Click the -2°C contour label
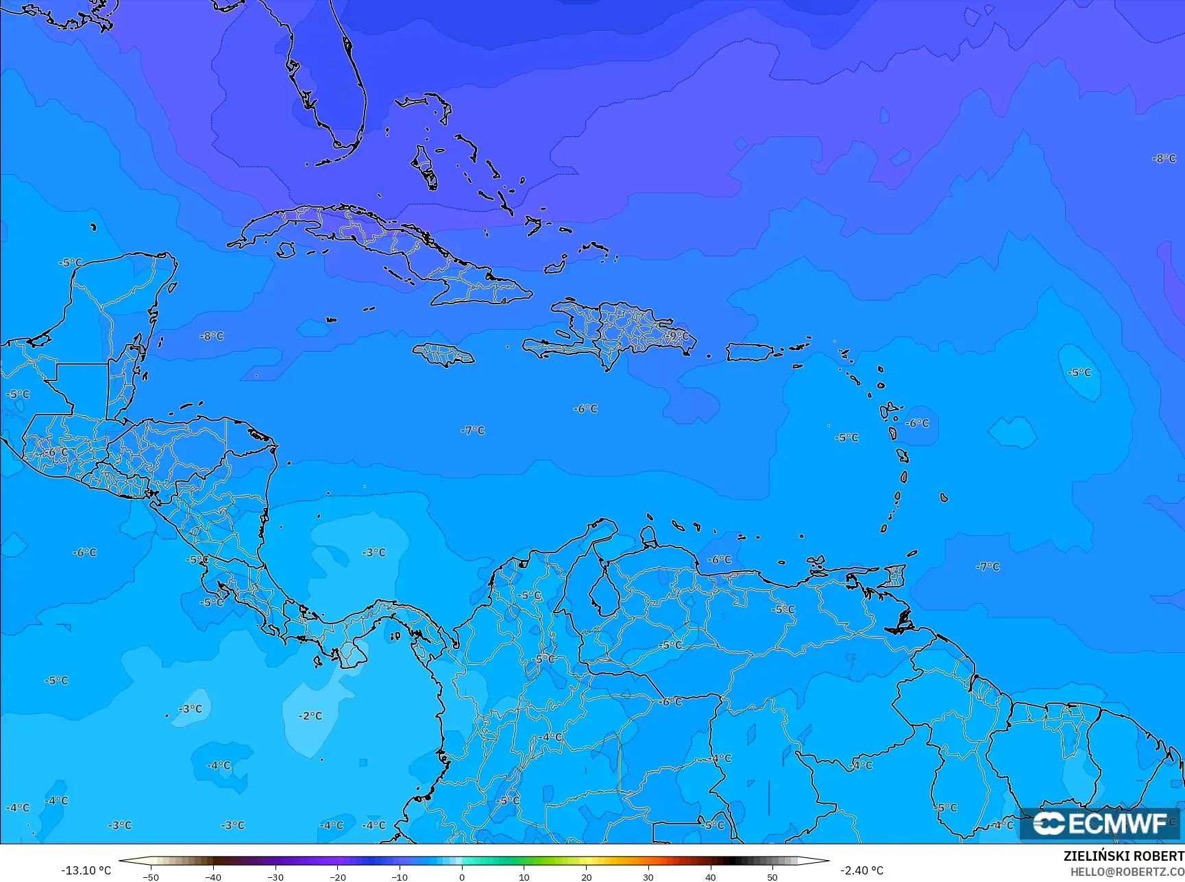coord(310,715)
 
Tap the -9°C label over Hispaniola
coord(677,336)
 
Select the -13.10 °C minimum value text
coord(86,870)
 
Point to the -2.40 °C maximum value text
coord(862,870)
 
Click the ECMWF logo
coord(1101,823)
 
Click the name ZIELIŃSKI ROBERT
coord(1123,856)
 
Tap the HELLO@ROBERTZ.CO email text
coord(1127,872)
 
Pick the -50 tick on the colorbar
coord(151,877)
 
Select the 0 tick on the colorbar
coord(462,877)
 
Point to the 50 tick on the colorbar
coord(772,877)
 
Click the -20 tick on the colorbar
coord(337,877)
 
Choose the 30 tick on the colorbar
coord(648,877)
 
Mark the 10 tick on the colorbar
coord(524,877)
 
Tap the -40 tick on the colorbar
coord(213,877)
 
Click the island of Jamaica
coord(443,354)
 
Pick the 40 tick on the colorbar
coord(711,877)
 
